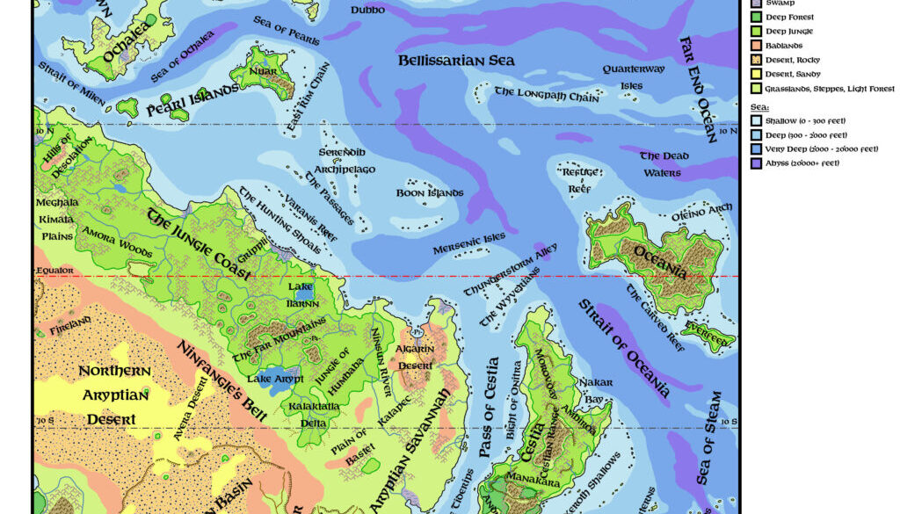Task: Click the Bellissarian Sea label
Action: tap(456, 61)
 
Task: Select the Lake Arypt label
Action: tap(275, 379)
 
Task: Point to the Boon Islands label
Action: tap(430, 192)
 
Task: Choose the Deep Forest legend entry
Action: tap(782, 17)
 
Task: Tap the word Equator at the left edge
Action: tap(55, 271)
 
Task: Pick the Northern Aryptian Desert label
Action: tap(114, 395)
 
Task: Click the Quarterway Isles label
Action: tap(631, 77)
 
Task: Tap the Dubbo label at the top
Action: tap(367, 10)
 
